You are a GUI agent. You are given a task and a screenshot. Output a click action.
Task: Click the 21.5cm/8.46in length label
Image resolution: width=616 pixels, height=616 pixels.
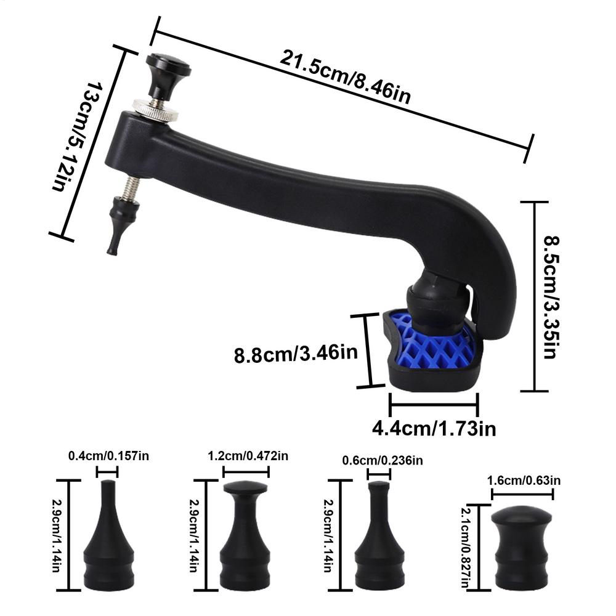click(345, 77)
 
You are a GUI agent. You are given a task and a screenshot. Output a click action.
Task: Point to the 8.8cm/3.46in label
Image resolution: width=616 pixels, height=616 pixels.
click(296, 354)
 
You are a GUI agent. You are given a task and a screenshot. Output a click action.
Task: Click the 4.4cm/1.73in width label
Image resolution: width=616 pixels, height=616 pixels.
click(434, 428)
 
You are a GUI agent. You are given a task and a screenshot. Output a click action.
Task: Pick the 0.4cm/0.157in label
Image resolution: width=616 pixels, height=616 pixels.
click(108, 456)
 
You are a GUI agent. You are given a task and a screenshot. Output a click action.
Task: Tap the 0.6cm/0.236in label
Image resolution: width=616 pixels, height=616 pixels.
click(382, 460)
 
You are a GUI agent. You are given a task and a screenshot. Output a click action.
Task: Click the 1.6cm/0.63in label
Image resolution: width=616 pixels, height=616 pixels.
click(524, 480)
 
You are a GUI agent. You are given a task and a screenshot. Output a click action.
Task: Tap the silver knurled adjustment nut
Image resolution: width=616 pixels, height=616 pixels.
click(156, 111)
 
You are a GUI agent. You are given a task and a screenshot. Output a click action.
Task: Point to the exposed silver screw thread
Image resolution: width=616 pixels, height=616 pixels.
click(131, 188)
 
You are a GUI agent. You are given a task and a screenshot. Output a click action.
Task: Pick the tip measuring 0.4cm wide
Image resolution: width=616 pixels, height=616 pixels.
click(108, 542)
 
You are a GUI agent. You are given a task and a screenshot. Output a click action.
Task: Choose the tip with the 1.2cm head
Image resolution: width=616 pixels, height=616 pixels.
click(245, 542)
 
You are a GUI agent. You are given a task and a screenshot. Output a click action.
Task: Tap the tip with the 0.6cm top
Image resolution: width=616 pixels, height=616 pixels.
click(379, 542)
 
